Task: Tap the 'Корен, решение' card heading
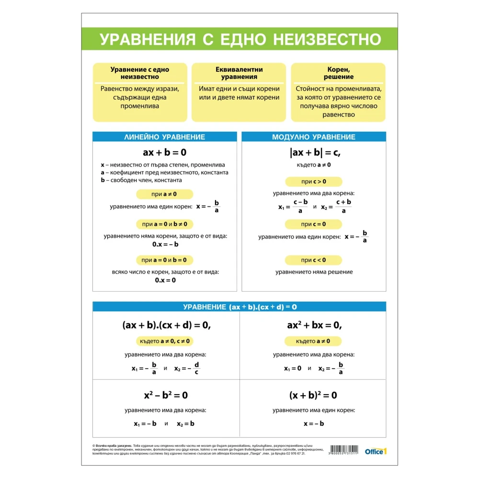point(338,73)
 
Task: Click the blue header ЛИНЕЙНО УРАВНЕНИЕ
point(164,137)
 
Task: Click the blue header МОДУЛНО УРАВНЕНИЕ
point(314,137)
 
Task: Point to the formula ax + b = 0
point(164,152)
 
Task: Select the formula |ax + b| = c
point(314,152)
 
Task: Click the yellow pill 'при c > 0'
point(314,182)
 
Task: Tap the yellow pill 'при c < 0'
point(314,260)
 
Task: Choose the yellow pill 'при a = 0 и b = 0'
point(164,260)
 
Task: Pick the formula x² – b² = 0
point(165,395)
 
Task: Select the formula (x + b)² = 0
point(313,395)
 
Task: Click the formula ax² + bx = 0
point(314,325)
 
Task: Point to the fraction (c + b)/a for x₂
point(343,206)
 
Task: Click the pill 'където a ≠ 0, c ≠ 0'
point(165,341)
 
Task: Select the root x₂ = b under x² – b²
point(185,423)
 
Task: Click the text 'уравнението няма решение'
point(314,272)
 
